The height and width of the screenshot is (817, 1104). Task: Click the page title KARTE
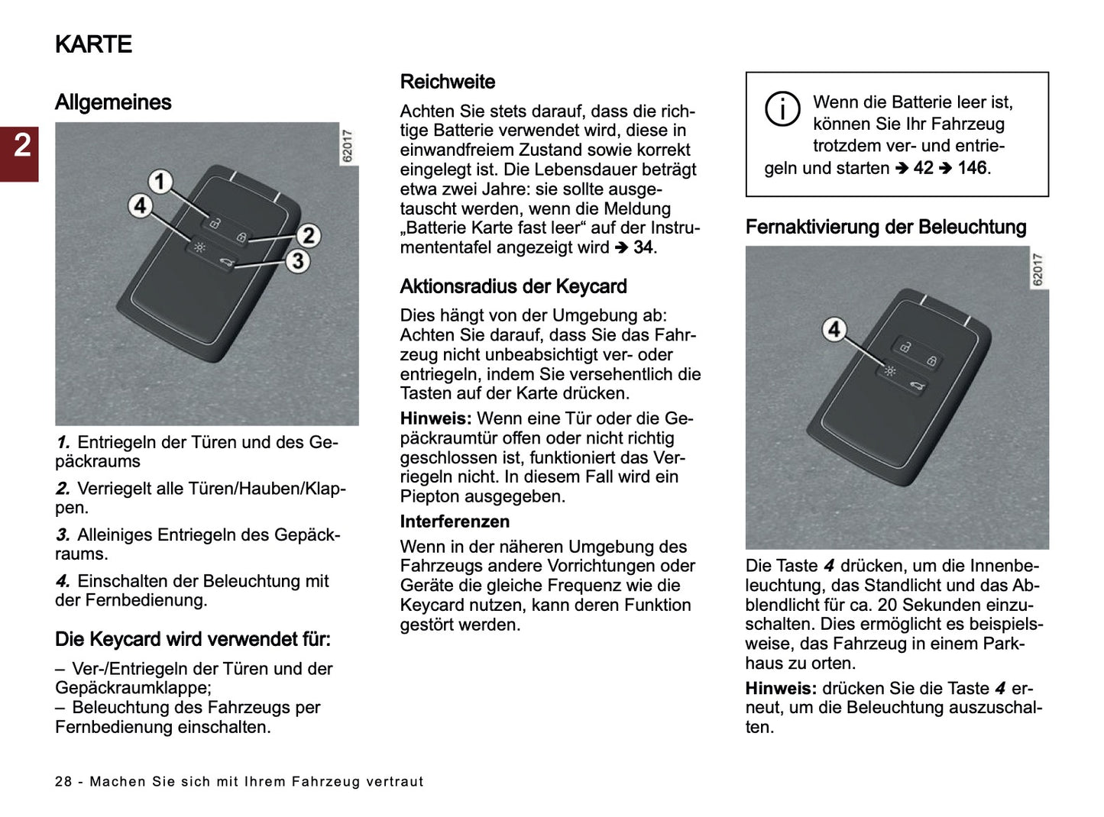[93, 44]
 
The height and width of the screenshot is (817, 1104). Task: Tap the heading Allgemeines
[113, 102]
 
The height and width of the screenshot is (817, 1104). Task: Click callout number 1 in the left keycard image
[160, 182]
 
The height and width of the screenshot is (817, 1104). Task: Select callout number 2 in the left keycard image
[308, 235]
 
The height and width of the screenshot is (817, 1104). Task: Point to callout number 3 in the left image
[298, 261]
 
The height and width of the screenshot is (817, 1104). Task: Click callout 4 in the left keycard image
[140, 205]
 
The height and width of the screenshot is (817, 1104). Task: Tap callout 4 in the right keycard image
[834, 329]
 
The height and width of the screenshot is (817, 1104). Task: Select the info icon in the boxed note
[782, 109]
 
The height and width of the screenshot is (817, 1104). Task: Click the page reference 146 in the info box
[972, 168]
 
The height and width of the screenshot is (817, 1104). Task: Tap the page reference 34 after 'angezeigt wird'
[643, 247]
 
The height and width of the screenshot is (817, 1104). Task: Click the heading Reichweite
[448, 82]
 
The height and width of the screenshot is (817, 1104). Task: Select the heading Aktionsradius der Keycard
[513, 286]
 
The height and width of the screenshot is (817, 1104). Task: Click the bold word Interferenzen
[455, 522]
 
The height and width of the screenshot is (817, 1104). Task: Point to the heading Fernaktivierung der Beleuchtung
[885, 227]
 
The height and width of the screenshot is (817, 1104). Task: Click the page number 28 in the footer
[63, 782]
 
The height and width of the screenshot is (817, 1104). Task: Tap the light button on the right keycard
[889, 371]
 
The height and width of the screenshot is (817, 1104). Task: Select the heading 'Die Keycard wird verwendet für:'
[193, 639]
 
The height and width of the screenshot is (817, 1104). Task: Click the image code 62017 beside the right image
[1038, 270]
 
